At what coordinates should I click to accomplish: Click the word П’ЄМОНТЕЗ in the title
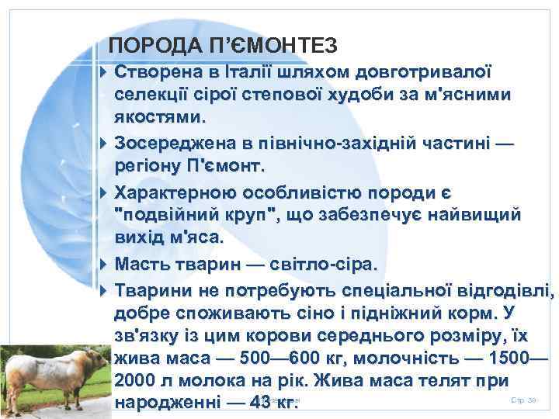269,47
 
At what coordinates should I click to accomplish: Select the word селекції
151,95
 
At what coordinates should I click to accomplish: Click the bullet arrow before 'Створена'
104,72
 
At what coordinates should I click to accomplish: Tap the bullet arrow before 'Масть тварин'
104,265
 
